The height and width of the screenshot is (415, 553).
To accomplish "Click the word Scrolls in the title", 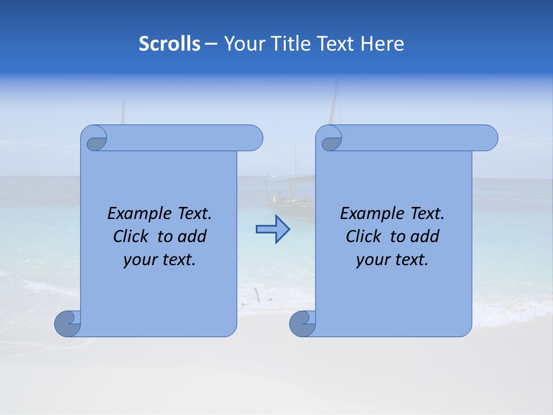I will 169,44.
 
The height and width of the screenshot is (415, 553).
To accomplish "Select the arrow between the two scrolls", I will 272,229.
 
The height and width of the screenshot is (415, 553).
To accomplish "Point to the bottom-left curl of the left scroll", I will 67,323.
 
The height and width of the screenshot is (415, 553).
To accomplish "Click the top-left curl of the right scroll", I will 330,139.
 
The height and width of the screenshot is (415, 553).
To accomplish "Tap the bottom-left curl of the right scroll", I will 302,323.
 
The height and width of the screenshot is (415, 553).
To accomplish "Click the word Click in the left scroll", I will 132,236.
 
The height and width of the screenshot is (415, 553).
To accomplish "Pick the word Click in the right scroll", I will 365,236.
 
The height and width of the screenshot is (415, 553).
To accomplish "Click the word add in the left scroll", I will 192,236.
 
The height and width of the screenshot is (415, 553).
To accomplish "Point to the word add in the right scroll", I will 425,236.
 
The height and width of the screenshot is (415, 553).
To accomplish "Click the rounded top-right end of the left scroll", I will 253,138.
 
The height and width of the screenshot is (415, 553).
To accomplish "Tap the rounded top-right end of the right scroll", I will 488,138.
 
